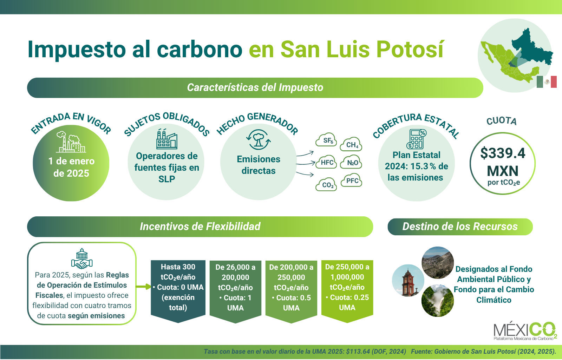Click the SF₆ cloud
[326, 139]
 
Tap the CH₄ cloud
[351, 144]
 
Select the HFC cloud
[326, 162]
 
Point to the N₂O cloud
[351, 162]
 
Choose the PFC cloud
[352, 180]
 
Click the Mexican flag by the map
[547, 82]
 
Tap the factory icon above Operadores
[166, 139]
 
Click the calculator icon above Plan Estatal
[417, 139]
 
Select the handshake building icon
[82, 258]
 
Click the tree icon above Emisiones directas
[259, 139]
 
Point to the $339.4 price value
[503, 153]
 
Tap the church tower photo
[408, 281]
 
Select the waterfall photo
[438, 301]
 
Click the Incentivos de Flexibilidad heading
[200, 227]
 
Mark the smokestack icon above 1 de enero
[71, 142]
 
